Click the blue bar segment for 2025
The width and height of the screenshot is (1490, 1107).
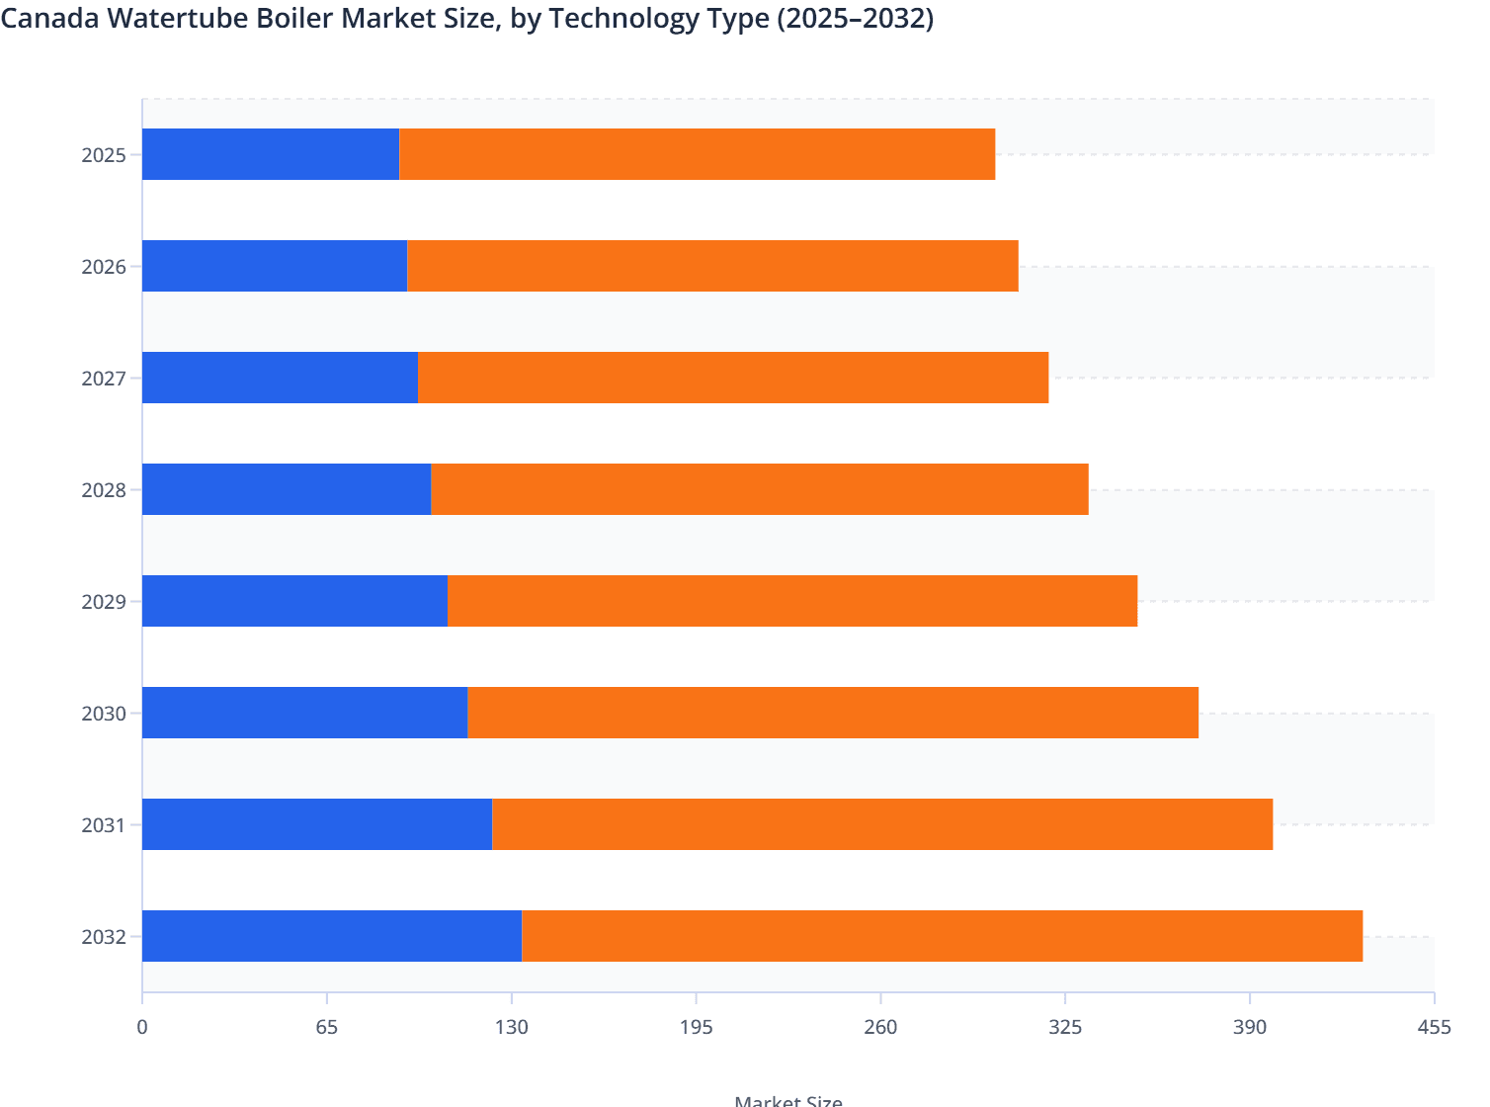coord(271,154)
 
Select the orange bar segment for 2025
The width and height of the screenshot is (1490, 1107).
coord(697,154)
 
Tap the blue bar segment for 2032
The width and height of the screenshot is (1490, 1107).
coord(332,936)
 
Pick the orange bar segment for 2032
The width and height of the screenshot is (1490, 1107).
coord(942,936)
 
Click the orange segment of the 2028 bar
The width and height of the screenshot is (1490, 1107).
coord(759,489)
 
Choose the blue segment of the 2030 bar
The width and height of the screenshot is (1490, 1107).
coord(304,713)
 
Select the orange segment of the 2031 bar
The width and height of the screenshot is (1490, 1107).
coord(882,824)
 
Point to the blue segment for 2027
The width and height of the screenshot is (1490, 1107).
coord(280,378)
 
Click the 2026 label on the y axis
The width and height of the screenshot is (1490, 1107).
coord(104,267)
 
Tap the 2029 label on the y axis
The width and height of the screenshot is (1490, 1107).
coord(104,602)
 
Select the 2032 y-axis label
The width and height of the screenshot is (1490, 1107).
coord(104,937)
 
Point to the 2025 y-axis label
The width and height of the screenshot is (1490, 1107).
coord(104,155)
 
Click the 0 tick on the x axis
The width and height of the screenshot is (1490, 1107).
coord(142,1028)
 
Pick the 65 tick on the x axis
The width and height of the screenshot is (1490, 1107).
coord(327,1028)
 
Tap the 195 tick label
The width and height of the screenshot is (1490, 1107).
coord(696,1028)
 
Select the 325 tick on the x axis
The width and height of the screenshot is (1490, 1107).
coord(1065,1028)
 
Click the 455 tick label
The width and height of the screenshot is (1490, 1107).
coord(1434,1028)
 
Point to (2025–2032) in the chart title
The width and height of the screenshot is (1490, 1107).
coord(855,19)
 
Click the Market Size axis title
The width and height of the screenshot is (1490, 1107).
coord(788,1100)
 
